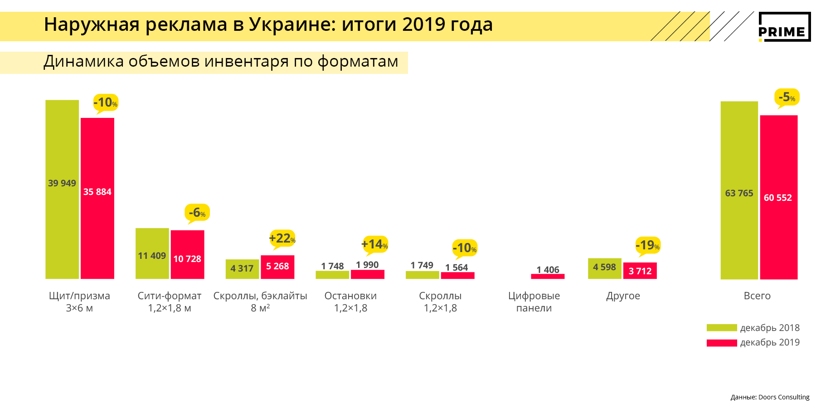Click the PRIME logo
784,27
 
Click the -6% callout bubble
197,212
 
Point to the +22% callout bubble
282,238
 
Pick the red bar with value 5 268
277,267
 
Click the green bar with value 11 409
152,253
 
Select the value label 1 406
548,270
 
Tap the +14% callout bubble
375,244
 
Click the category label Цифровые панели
534,302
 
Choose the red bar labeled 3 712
640,271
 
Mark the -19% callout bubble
648,245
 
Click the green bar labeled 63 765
739,190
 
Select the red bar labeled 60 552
778,197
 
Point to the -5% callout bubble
787,97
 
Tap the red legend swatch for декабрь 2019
722,343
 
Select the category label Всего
757,296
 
